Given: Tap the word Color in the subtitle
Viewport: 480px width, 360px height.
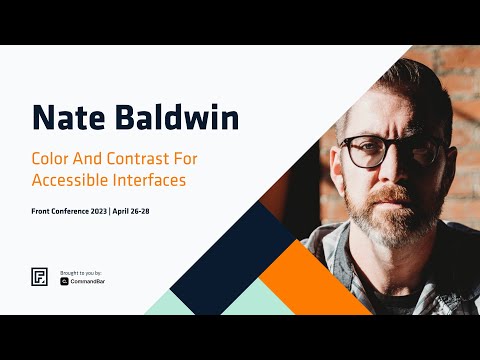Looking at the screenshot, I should (x=52, y=159).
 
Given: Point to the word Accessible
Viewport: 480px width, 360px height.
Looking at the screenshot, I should (x=73, y=182).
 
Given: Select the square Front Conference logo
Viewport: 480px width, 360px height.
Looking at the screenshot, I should (x=39, y=278).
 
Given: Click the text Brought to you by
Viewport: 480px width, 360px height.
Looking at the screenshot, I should (x=81, y=272).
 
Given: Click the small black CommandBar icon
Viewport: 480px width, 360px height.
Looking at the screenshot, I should (x=64, y=282).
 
